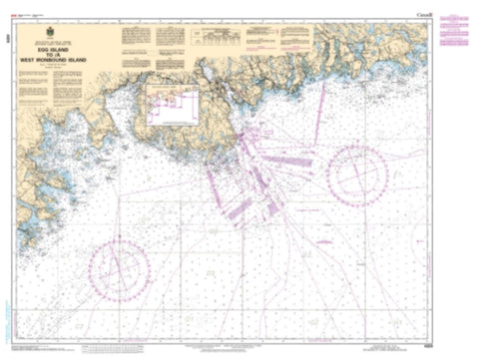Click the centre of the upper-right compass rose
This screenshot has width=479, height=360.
(356, 176)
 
